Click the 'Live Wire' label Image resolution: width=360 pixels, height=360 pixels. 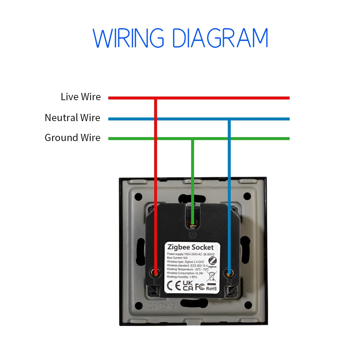(81, 97)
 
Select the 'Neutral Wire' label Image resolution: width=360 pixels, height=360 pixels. (72, 118)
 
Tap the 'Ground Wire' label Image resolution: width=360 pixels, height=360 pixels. (72, 138)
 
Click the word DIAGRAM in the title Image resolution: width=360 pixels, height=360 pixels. (220, 38)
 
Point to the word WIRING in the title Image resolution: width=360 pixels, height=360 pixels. (128, 38)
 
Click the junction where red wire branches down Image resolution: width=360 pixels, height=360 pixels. (156, 98)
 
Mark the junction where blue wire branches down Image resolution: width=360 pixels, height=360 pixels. (229, 119)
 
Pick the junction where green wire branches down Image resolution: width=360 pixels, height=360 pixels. (193, 139)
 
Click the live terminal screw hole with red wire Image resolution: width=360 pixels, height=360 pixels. (156, 272)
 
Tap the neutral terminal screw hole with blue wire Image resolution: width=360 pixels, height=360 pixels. (229, 272)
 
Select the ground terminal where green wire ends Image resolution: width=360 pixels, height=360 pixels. (193, 225)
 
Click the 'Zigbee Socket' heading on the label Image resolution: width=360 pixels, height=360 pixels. (190, 247)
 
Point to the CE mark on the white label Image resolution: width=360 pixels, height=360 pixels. (174, 286)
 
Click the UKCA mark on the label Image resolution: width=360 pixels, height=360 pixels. (188, 286)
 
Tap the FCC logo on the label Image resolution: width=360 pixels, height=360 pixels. (200, 287)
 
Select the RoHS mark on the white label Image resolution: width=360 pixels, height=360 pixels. (211, 288)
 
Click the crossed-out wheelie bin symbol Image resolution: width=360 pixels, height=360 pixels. (212, 277)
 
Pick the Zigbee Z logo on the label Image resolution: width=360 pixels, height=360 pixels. (212, 261)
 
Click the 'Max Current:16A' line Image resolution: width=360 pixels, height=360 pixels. (177, 258)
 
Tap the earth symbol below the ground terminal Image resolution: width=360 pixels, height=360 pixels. (193, 234)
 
